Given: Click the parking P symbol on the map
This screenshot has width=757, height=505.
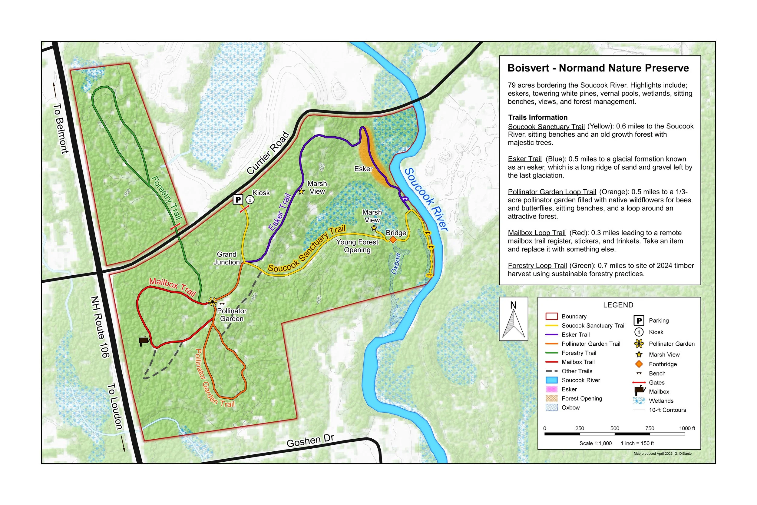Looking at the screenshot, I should (x=238, y=200).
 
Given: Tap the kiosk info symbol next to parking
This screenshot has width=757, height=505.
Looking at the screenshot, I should (x=250, y=200).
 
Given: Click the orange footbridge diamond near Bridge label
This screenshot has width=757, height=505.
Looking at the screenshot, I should (x=393, y=240).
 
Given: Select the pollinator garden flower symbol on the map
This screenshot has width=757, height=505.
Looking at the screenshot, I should (x=212, y=302).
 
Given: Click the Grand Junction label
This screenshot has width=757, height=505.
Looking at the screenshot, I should (x=226, y=258).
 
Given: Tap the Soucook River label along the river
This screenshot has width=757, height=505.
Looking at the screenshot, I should (x=425, y=199).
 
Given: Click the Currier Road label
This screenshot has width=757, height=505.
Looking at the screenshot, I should (x=268, y=153).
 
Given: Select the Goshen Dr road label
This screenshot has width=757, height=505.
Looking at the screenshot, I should (x=310, y=440).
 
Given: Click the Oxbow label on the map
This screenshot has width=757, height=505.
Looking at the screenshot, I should (x=396, y=264).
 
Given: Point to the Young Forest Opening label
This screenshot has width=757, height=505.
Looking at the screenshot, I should (x=357, y=246).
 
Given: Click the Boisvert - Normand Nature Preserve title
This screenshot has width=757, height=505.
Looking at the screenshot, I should (x=598, y=68).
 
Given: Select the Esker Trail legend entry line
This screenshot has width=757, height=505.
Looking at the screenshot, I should (x=552, y=335).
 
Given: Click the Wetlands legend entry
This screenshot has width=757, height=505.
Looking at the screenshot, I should (x=661, y=401).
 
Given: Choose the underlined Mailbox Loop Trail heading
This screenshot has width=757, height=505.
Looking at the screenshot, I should (x=537, y=233).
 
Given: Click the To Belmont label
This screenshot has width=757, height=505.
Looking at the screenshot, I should (x=61, y=128).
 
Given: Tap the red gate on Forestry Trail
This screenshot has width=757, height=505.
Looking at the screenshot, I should (x=175, y=226).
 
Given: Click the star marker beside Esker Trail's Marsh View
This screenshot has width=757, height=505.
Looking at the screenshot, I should (x=301, y=192).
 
